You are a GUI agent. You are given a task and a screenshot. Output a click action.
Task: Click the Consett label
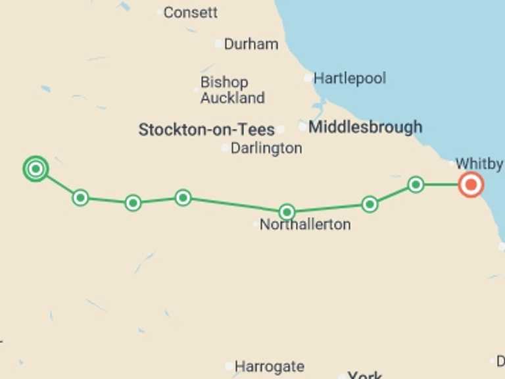[190, 13]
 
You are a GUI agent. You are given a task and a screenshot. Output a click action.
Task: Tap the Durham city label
[251, 44]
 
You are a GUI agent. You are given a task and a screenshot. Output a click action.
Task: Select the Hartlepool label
[349, 78]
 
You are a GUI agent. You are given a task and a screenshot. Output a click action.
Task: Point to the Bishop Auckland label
[232, 90]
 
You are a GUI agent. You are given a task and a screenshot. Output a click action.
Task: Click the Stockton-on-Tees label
[206, 130]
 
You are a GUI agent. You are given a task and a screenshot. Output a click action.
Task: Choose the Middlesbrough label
[365, 127]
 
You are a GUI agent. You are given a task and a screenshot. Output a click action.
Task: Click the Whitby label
[479, 163]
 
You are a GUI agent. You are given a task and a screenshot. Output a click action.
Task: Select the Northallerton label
[305, 224]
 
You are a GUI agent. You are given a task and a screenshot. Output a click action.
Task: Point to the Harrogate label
[269, 366]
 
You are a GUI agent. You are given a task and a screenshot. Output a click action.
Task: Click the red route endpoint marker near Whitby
[471, 185]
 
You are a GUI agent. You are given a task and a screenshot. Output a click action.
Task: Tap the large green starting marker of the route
[36, 169]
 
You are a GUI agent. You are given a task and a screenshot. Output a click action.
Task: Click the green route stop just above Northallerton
[287, 212]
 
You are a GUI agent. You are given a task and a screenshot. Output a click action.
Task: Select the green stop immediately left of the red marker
[416, 185]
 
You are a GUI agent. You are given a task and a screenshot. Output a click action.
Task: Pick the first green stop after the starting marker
[80, 197]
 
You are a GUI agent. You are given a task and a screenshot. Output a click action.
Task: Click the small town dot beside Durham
[219, 44]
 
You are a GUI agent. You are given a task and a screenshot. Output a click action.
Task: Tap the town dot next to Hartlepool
[308, 78]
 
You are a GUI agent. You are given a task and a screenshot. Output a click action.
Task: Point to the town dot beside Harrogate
[229, 366]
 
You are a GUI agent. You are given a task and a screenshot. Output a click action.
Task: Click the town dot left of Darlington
[226, 148]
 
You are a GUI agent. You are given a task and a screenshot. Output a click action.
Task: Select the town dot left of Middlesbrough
[302, 126]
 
